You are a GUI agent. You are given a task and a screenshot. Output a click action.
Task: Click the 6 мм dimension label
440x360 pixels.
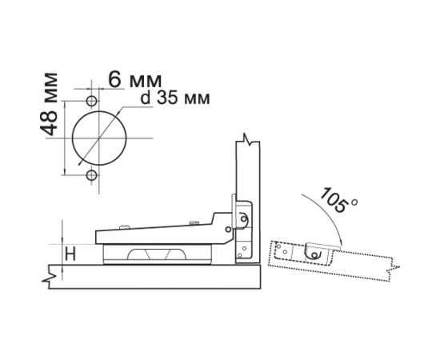[x=135, y=80]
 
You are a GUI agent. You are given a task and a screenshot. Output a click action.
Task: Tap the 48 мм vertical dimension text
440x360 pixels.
[x=49, y=104]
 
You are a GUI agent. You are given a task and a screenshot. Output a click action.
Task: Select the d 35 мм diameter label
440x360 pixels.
[x=175, y=98]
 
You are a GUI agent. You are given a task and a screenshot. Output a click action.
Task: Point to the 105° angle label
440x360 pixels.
[x=338, y=200]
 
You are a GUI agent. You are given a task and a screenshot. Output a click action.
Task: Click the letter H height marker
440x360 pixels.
[x=70, y=254]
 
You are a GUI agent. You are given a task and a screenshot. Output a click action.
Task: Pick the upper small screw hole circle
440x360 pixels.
[x=91, y=101]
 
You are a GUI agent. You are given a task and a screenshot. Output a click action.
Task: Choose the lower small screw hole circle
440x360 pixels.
[x=91, y=175]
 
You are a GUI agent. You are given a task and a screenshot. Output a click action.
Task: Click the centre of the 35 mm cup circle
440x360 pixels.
[x=99, y=138]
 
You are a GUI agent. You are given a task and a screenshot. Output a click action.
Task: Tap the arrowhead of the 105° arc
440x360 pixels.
[x=340, y=243]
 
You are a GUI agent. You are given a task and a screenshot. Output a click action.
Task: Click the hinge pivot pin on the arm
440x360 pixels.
[x=229, y=230]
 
